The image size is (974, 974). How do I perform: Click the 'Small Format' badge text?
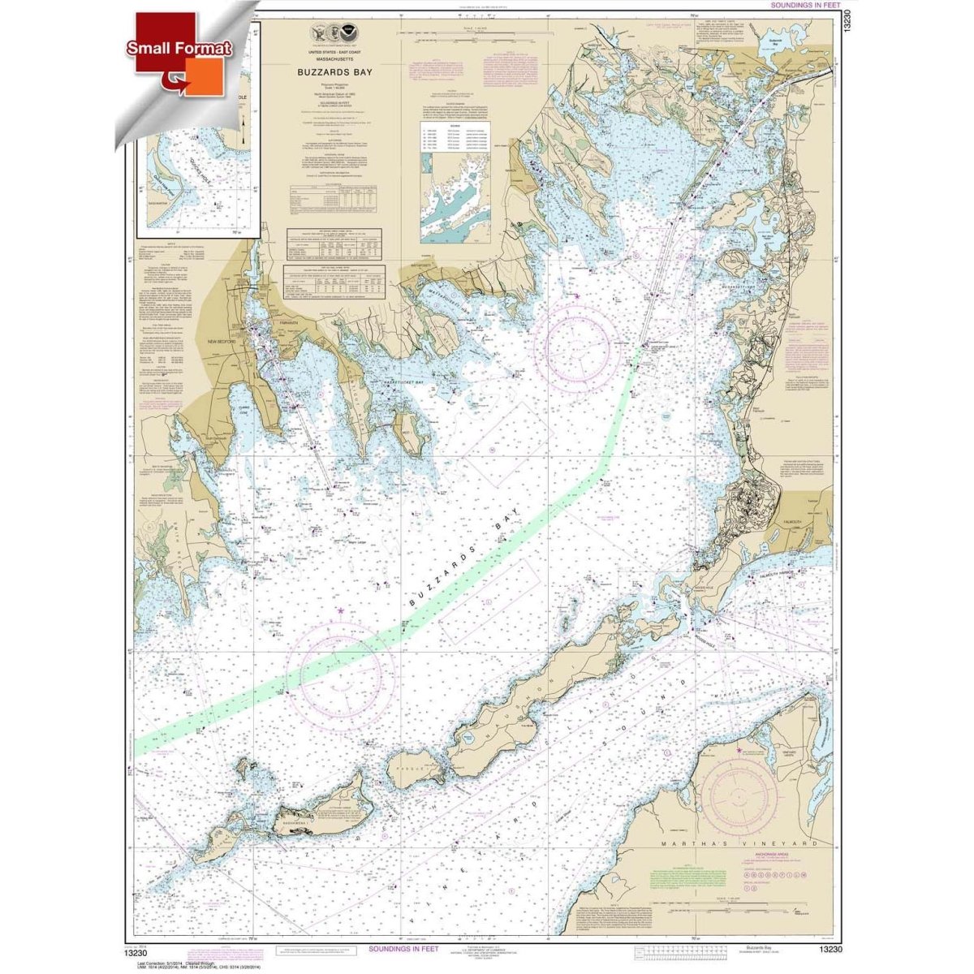pos(179,48)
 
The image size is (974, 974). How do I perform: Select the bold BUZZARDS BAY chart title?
pos(331,71)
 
